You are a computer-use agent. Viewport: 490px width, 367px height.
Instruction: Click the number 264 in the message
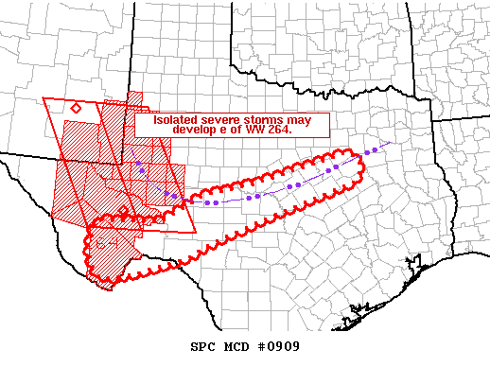tap(280, 131)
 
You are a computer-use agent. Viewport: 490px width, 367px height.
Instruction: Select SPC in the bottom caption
tap(207, 346)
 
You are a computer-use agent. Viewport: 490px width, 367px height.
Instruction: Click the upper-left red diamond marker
tap(76, 108)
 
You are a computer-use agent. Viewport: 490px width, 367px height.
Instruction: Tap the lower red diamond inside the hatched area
tap(123, 210)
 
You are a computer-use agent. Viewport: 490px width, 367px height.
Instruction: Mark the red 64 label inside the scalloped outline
tap(103, 244)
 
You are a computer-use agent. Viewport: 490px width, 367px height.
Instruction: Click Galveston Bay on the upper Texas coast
tap(359, 307)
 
